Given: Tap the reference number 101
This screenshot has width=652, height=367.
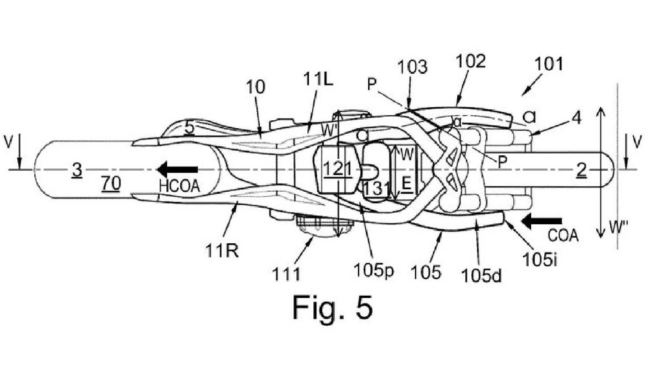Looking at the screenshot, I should click(x=548, y=64).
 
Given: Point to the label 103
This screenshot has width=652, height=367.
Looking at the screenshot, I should click(x=413, y=67).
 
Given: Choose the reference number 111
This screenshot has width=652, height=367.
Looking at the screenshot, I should click(x=287, y=274).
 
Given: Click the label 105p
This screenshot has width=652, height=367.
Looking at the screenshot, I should click(x=374, y=271).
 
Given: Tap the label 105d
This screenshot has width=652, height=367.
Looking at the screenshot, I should click(x=481, y=276).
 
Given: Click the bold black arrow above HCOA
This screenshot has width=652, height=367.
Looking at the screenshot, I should click(x=177, y=169).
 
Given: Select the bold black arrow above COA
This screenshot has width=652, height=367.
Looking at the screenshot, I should click(x=542, y=223).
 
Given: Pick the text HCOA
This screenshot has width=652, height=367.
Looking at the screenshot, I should click(x=179, y=186).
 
